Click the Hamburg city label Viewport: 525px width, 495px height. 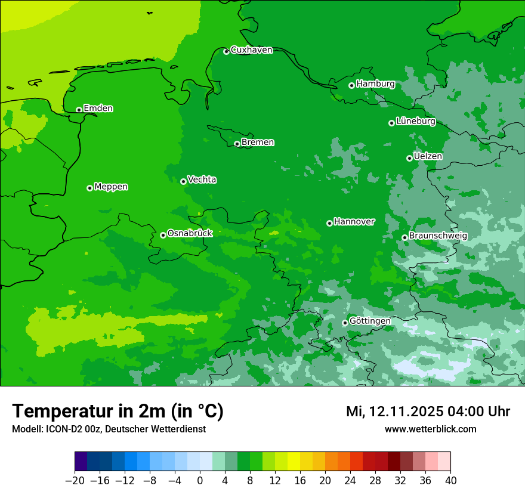(375, 84)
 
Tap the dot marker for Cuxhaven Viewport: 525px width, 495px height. (226, 51)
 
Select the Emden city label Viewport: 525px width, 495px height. (98, 109)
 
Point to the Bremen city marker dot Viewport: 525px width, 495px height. (237, 144)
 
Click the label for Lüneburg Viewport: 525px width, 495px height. (415, 122)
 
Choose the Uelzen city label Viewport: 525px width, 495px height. (428, 157)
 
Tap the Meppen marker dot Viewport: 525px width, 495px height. (89, 188)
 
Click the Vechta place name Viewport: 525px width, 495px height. (202, 180)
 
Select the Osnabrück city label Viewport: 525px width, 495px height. (190, 233)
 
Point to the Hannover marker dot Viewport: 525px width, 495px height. (329, 223)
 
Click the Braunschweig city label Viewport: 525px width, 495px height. (438, 236)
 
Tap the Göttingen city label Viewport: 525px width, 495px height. (370, 321)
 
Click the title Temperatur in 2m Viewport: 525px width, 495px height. (118, 412)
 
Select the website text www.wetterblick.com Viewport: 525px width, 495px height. (430, 429)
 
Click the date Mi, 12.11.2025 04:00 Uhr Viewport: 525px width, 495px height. (428, 412)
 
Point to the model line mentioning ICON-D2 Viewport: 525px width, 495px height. (109, 429)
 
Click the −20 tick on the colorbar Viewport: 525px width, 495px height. (75, 481)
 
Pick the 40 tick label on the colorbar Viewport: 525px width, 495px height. (450, 481)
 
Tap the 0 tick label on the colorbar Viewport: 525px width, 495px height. (200, 481)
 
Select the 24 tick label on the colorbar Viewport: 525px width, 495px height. (350, 481)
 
